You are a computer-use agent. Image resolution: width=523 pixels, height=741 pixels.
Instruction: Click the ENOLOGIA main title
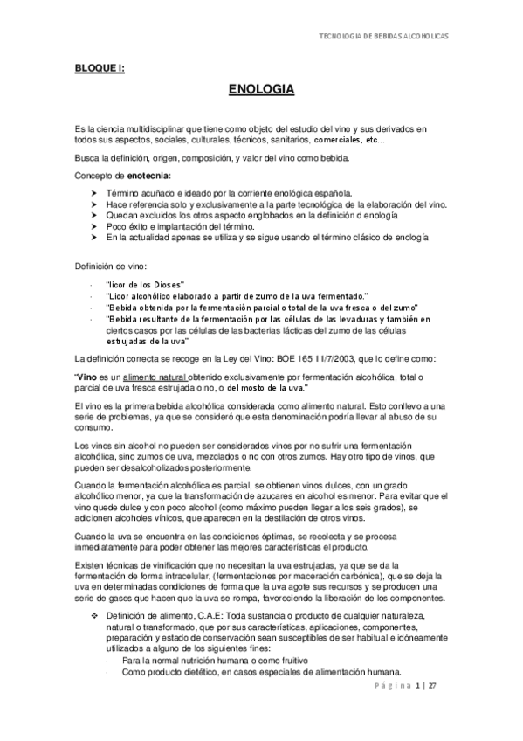click(260, 89)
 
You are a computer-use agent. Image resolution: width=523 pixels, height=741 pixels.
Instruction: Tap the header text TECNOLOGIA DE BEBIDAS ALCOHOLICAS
click(386, 38)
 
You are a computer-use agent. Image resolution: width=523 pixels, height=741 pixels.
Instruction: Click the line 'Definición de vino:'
click(110, 265)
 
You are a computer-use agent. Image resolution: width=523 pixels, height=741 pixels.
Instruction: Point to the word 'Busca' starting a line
click(88, 159)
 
